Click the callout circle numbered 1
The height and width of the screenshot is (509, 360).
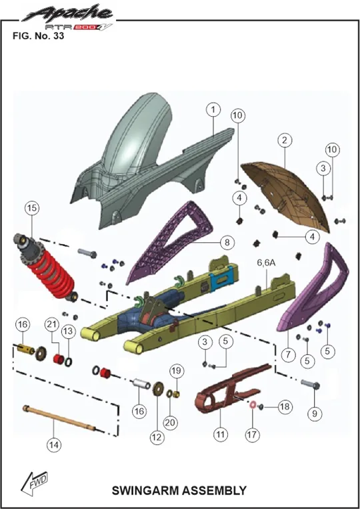[213, 109]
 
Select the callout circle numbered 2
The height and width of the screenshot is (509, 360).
[285, 141]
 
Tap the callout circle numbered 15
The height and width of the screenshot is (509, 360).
[32, 208]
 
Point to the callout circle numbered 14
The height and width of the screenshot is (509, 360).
[54, 445]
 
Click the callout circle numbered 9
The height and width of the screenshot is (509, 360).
[314, 414]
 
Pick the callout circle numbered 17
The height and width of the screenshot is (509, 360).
[252, 435]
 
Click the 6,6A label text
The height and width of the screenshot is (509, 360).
[266, 263]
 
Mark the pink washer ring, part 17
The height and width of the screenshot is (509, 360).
[253, 406]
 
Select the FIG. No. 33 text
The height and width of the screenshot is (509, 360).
[38, 35]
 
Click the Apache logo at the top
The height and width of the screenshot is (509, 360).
[68, 16]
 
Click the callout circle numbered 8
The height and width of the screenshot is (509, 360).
[227, 242]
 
